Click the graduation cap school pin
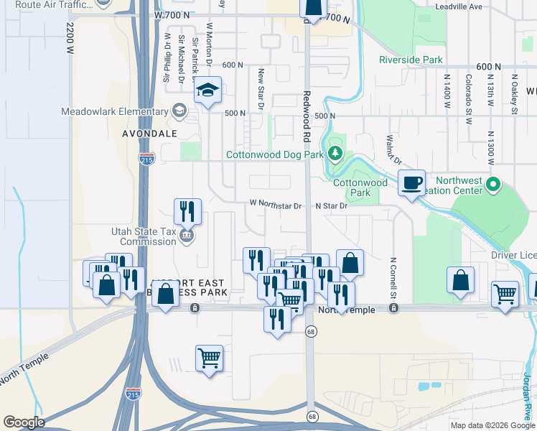tap(207, 91)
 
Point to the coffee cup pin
tap(411, 183)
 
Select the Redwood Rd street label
tap(307, 116)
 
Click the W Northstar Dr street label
tap(276, 205)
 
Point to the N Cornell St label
tap(393, 279)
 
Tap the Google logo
tap(23, 422)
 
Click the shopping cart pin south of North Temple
tap(209, 357)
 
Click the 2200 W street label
tap(70, 40)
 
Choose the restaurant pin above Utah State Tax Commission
tap(187, 211)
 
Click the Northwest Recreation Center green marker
tap(492, 185)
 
